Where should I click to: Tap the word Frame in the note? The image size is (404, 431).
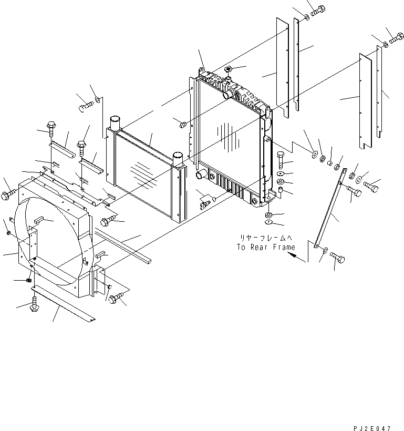tap(284, 247)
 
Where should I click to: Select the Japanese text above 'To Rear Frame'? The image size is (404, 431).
tap(265, 238)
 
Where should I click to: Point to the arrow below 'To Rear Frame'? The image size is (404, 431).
tap(296, 256)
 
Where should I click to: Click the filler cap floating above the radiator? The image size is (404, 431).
tap(229, 69)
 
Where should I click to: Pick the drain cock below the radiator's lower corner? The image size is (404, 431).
tap(206, 200)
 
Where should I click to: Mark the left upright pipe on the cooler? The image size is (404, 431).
tap(115, 123)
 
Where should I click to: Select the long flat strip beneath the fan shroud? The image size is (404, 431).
tap(63, 304)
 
